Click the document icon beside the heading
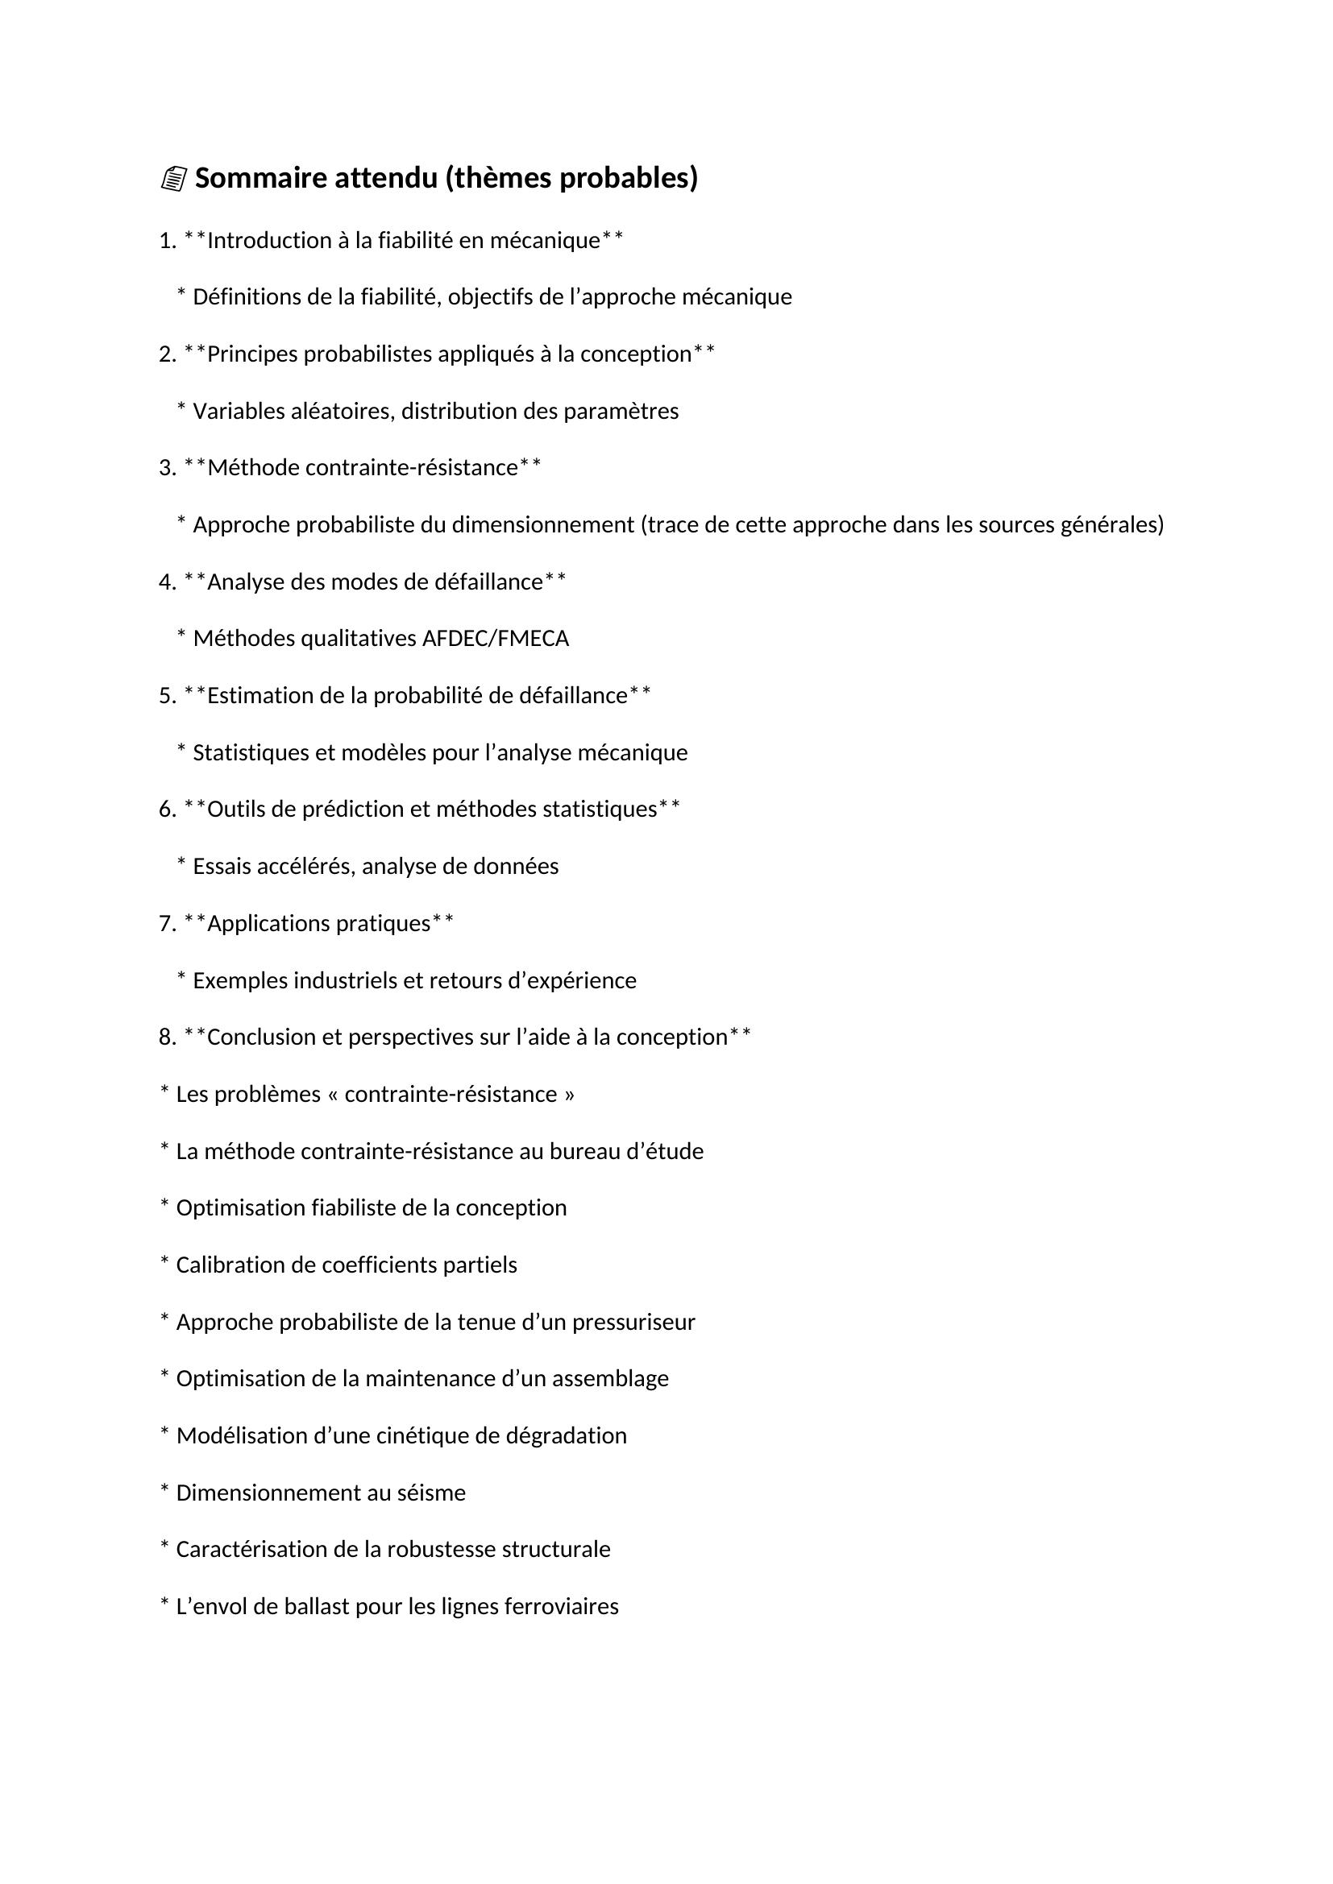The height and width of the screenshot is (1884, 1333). (x=173, y=179)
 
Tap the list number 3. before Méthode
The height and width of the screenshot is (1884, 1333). (x=168, y=468)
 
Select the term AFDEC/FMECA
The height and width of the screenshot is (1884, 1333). (x=495, y=639)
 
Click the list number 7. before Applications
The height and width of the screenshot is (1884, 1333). (x=168, y=924)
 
